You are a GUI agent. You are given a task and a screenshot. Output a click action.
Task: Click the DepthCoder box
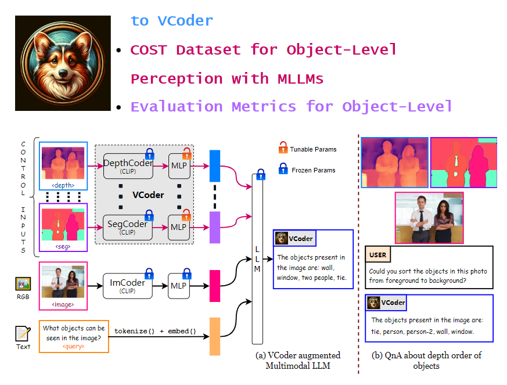[x=128, y=166]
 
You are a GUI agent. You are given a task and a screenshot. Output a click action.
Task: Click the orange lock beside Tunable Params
[x=283, y=149]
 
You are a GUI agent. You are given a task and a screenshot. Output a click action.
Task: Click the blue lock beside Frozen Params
[x=283, y=170]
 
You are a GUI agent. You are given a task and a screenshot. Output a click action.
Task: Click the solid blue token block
[x=215, y=166]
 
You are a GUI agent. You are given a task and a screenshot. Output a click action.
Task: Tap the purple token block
[x=215, y=226]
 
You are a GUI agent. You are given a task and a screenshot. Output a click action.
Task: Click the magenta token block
[x=215, y=286]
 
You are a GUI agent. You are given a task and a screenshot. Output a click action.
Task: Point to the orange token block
[x=215, y=336]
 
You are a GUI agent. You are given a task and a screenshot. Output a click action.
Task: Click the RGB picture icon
[x=23, y=284]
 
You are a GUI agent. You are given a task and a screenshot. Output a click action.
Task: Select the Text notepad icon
[x=23, y=334]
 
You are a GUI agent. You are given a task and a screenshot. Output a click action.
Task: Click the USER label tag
[x=378, y=255]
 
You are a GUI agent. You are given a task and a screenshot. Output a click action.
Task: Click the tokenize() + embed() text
[x=155, y=332]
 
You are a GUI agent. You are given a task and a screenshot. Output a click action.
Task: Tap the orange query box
[x=74, y=336]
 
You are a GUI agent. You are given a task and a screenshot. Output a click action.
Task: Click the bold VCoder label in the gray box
[x=148, y=195]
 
